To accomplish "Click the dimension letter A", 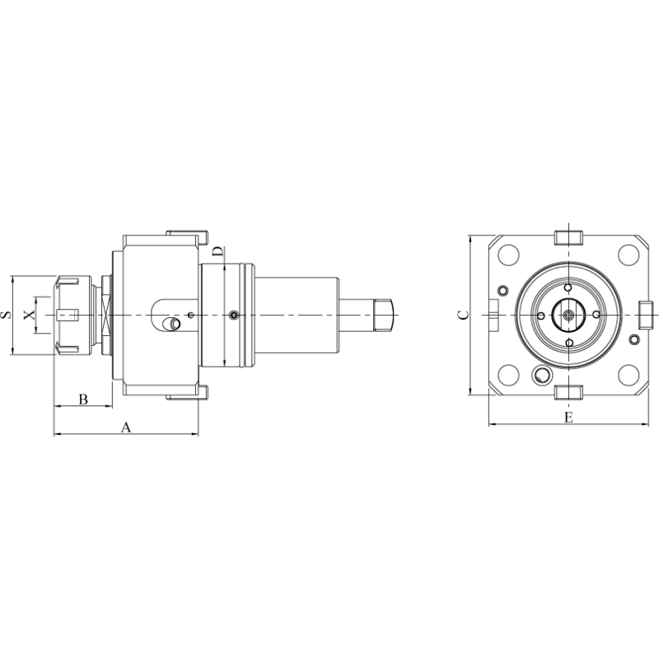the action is coord(126,428).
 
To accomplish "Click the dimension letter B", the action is coord(83,399).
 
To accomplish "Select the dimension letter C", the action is coord(463,315).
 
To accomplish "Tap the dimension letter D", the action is coord(217,252).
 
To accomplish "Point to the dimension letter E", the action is coord(568,418).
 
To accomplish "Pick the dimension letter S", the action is coord(7,315).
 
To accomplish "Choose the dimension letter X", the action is coord(30,315).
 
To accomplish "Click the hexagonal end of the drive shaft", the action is coord(383,315).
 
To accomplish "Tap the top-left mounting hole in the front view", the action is coord(508,255).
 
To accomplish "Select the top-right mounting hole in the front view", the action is coord(629,255).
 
